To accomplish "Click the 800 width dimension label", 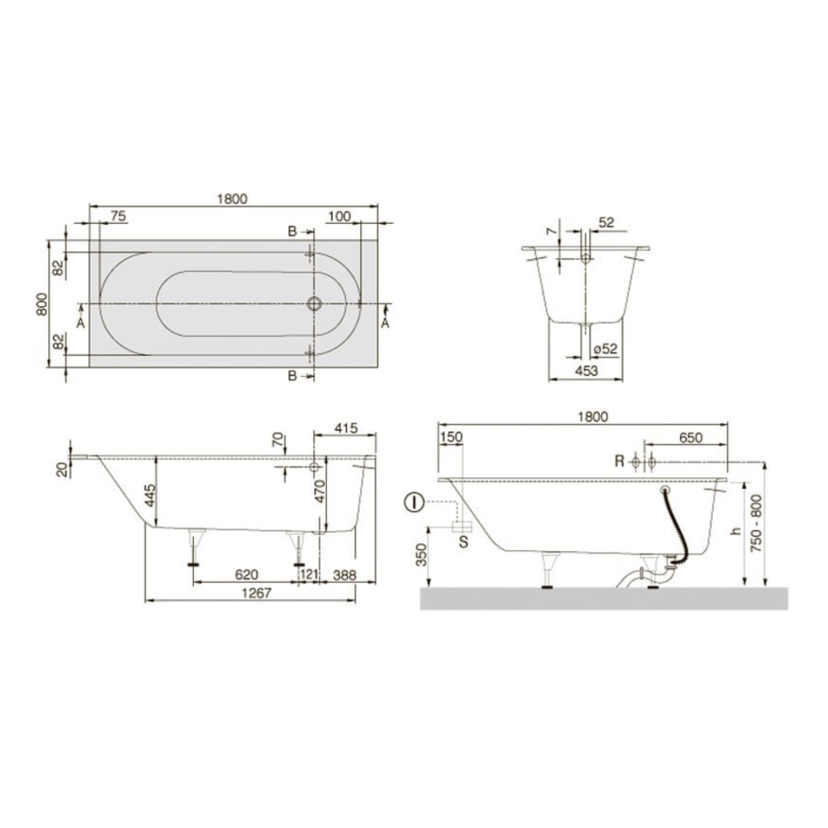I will (x=41, y=304).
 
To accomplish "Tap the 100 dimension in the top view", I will (x=339, y=216).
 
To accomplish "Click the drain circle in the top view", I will (x=314, y=303).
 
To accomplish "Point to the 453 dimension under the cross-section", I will (x=585, y=371).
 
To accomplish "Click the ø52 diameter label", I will (x=606, y=349).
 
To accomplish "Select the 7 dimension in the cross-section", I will (x=552, y=231).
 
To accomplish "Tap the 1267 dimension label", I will (x=257, y=593).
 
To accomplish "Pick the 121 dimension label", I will (x=309, y=574).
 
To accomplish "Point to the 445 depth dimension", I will (x=149, y=496).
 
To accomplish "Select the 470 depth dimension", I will (x=319, y=491).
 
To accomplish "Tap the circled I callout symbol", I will (x=414, y=502).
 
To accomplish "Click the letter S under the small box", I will (x=463, y=542).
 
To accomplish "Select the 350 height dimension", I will (x=422, y=555).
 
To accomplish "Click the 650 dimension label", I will (x=691, y=438).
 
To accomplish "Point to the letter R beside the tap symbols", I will (x=619, y=461).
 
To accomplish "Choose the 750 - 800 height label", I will (x=757, y=523).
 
